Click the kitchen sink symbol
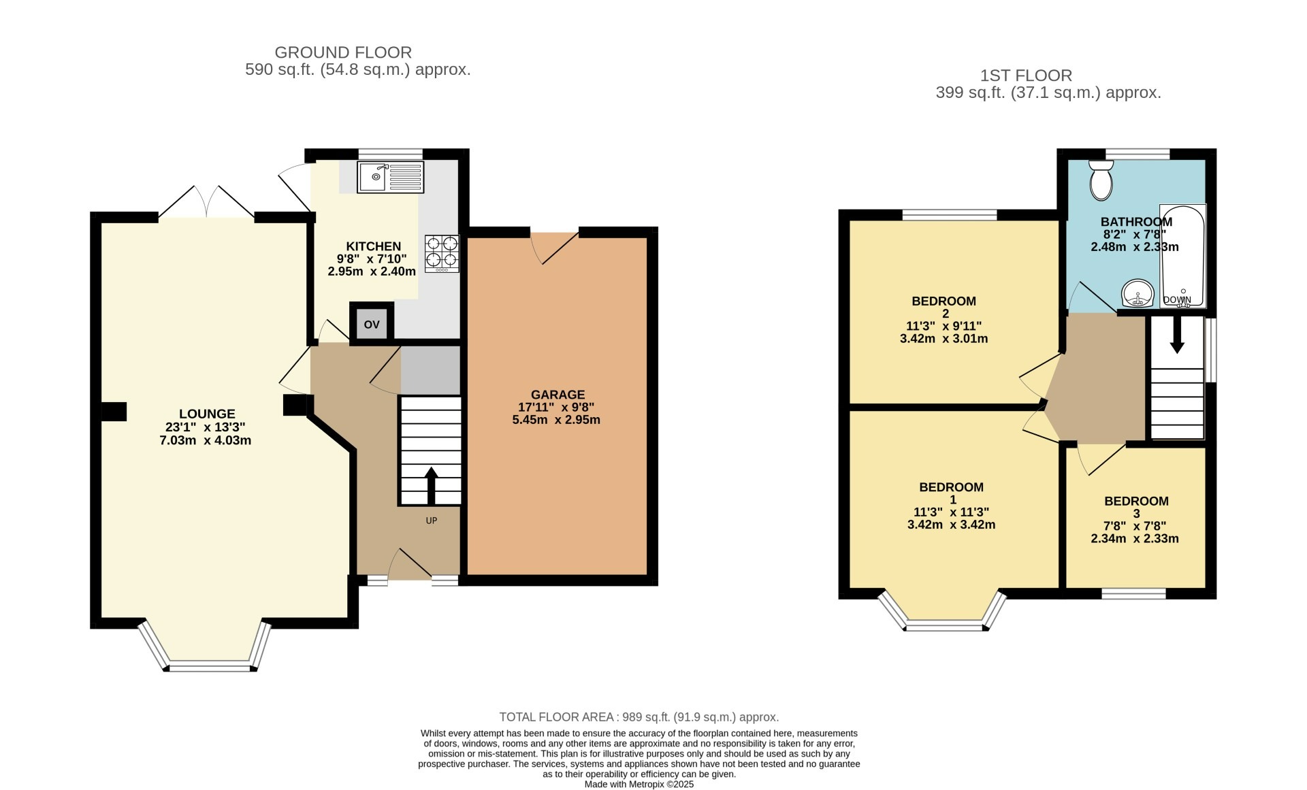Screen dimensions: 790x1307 [x=390, y=177]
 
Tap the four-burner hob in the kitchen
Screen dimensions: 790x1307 [x=442, y=252]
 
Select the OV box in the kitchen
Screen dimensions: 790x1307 [x=371, y=325]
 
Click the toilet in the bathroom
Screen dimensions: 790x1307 [x=1100, y=180]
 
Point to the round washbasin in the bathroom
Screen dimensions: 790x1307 [x=1137, y=295]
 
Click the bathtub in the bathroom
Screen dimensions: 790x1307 [x=1183, y=255]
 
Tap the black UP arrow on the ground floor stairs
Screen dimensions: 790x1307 [x=431, y=485]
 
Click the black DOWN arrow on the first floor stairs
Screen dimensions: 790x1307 [x=1177, y=337]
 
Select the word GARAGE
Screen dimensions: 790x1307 [x=558, y=395]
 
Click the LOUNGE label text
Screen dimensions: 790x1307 [x=207, y=414]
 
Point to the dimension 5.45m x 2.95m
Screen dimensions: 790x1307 [x=556, y=420]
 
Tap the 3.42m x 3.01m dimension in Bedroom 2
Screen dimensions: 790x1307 [x=943, y=338]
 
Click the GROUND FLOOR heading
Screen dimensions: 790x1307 [x=343, y=52]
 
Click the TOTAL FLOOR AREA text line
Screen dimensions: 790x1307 [x=639, y=717]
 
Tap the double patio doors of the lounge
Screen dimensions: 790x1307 [x=207, y=201]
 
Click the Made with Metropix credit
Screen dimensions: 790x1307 [x=639, y=784]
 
